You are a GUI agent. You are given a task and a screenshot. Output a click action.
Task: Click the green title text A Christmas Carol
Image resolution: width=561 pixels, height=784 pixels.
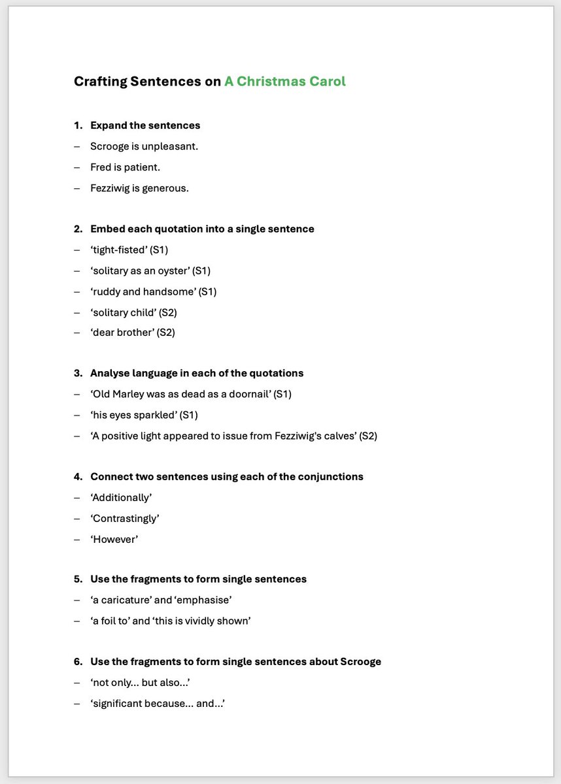[x=284, y=82]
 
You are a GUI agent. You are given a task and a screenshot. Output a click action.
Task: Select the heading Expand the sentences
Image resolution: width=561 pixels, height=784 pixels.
[x=145, y=125]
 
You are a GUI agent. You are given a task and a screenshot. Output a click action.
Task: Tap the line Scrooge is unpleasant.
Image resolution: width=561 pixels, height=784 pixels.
[x=144, y=146]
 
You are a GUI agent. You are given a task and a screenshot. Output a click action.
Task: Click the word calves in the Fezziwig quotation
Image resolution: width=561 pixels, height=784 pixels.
[x=333, y=436]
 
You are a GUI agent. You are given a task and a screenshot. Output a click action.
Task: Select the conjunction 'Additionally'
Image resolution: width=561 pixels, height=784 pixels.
[x=121, y=497]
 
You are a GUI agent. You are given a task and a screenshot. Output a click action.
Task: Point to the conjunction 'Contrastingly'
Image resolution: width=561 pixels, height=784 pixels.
[x=125, y=518]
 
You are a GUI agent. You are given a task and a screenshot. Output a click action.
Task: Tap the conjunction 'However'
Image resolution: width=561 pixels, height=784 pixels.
[x=114, y=539]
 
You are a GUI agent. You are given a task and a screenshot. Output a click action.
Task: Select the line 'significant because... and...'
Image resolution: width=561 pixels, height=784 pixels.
[x=158, y=703]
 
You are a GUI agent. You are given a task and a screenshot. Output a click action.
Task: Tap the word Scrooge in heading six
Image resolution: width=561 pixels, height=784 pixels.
[x=360, y=661]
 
